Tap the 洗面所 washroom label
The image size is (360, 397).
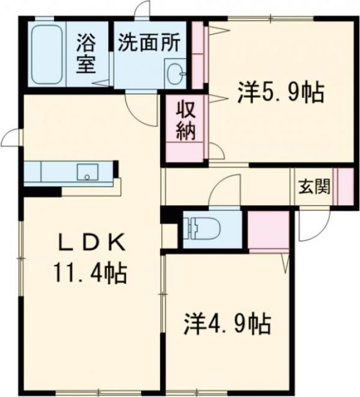coord(150,43)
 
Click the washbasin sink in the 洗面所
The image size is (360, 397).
coord(174,73)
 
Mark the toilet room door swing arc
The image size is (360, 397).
coord(223,189)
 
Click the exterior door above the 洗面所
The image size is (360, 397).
coord(143,11)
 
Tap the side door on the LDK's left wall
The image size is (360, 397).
coord(11,138)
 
